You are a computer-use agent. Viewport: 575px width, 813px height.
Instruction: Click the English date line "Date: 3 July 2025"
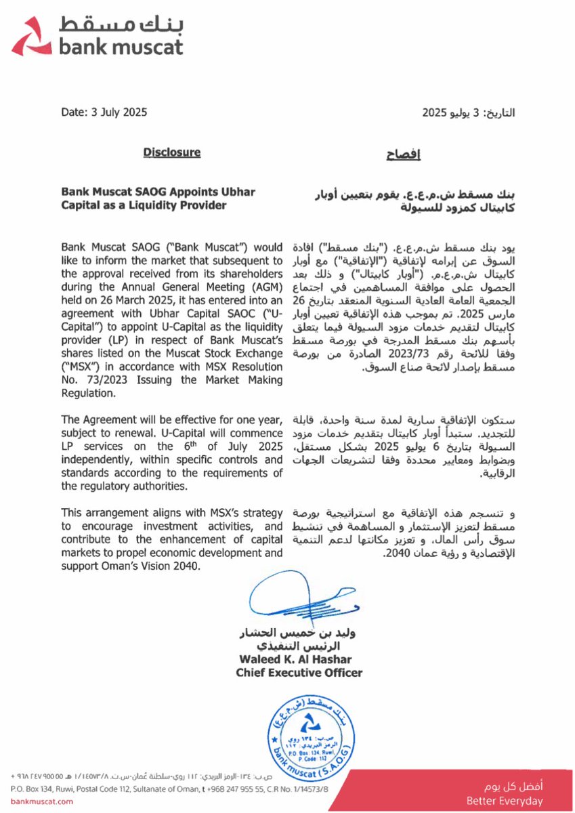click(x=104, y=113)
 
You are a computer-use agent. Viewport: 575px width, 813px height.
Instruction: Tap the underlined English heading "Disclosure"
click(x=172, y=152)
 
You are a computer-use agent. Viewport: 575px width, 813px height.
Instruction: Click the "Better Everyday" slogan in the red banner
click(x=505, y=801)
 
